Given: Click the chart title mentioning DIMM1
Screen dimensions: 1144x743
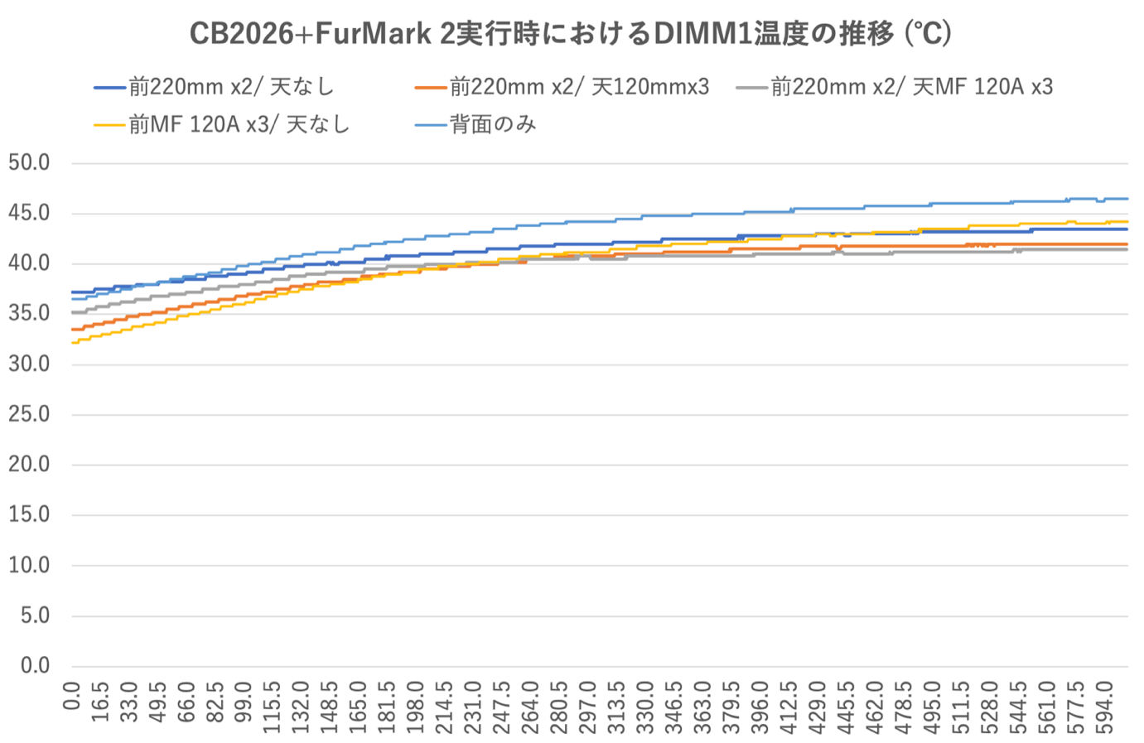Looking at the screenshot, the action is [571, 34].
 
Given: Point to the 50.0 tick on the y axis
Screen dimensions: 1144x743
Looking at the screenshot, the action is [29, 163].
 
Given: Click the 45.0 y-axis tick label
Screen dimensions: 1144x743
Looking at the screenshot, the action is [29, 213].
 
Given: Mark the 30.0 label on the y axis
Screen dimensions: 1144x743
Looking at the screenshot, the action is [29, 364].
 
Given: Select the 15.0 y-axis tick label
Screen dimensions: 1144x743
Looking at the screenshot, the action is [29, 514].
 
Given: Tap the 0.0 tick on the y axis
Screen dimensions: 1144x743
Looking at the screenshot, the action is [36, 666].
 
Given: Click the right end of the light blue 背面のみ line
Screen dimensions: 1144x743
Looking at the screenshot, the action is [1127, 199].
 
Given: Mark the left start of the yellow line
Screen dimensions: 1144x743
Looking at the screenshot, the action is [72, 343].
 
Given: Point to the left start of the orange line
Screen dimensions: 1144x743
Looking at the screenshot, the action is [72, 330].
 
